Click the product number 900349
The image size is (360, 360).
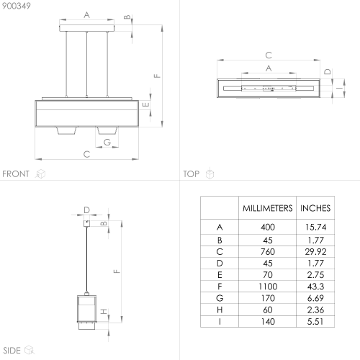[17, 6]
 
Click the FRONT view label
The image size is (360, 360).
[16, 174]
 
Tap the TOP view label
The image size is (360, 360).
[192, 174]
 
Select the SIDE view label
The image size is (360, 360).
[12, 351]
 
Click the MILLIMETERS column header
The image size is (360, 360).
[268, 208]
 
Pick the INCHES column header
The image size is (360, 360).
[315, 208]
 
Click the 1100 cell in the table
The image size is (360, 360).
[268, 287]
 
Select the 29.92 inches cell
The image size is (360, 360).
[315, 252]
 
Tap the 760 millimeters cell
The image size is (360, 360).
[268, 252]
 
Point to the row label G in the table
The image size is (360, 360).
[220, 298]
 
